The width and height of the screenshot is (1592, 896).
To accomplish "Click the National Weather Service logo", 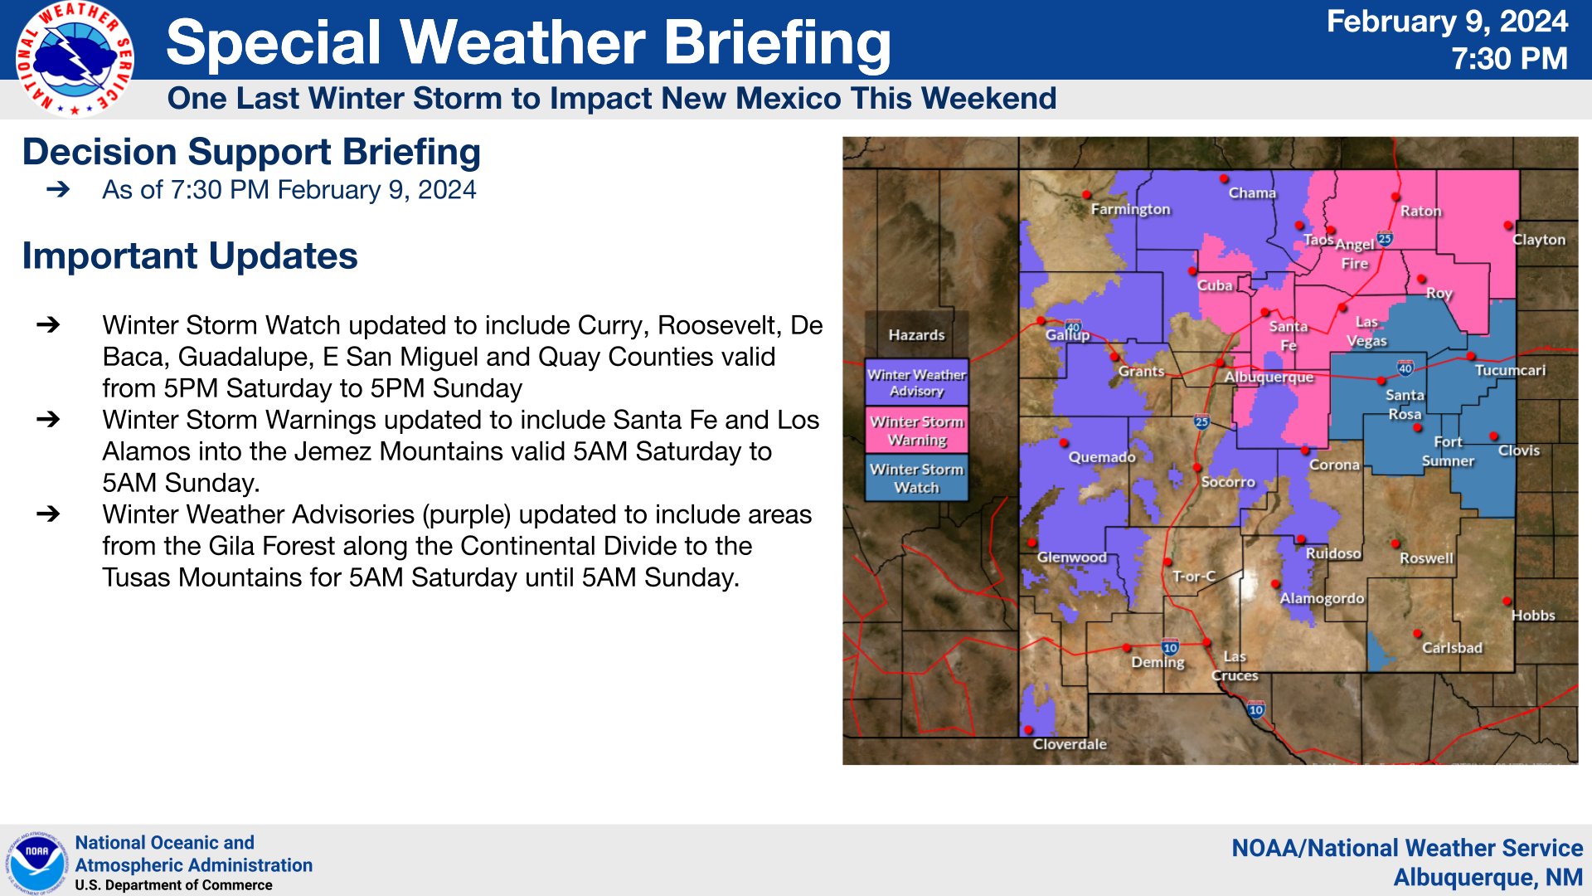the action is coord(75,58).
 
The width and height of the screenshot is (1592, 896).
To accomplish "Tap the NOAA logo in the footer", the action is coord(37,863).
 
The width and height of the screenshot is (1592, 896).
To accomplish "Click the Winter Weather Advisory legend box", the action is coord(916,382).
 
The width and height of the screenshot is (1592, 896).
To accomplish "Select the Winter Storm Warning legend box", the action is coord(916,430).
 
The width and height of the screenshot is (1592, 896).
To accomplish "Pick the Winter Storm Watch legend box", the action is coord(916,478).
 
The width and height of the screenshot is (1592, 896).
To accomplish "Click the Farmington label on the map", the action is coord(1130,209).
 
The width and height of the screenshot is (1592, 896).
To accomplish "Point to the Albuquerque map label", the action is coord(1269,377).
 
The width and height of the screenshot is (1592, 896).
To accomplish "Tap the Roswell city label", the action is coord(1426,558).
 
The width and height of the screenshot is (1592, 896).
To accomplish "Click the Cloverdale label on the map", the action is coord(1070,744).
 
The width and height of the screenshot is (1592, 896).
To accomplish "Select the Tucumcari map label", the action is coord(1510,370).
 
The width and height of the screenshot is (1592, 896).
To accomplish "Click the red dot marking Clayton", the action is coord(1508,226).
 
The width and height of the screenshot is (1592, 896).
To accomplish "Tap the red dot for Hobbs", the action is coord(1507,601).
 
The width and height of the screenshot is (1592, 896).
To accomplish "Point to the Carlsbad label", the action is coord(1452,648).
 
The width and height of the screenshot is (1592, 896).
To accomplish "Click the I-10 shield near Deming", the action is coord(1170,648).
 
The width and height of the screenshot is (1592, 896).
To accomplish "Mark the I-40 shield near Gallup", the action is coord(1073,327).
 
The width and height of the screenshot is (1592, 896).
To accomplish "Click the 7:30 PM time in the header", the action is coord(1509,59).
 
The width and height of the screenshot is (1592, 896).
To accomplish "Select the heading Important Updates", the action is coord(190,256).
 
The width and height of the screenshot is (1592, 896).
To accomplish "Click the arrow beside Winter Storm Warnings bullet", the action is coord(48,420).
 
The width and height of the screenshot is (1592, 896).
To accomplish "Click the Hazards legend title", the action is coord(916,335).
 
